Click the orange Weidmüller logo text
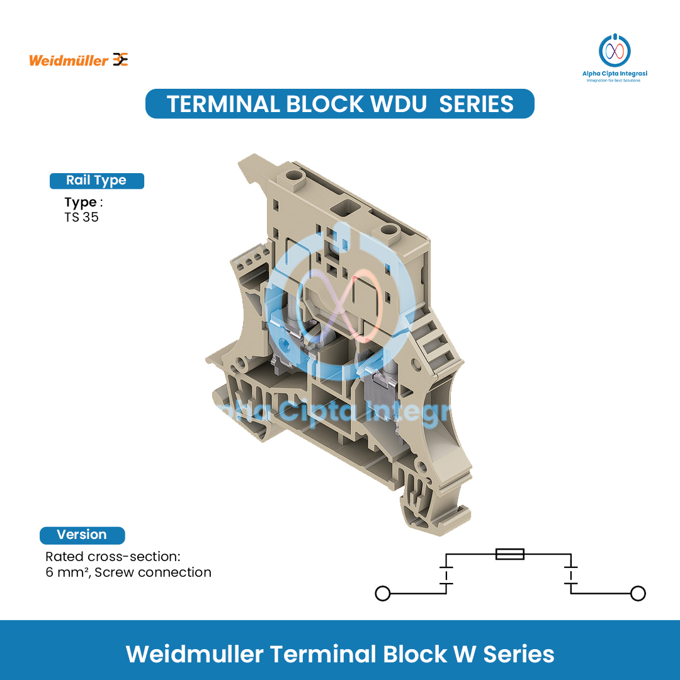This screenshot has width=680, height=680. click(x=69, y=60)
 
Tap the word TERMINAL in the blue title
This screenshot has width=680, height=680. click(x=222, y=104)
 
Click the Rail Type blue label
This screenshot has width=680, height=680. click(x=96, y=181)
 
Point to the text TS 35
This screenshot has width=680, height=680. click(x=81, y=218)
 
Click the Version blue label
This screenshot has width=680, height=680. click(x=82, y=535)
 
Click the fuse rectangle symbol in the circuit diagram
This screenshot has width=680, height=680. click(x=509, y=554)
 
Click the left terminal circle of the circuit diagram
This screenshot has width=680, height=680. click(x=382, y=593)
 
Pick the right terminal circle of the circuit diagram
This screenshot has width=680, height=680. click(x=638, y=593)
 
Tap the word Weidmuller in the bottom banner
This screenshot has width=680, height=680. click(x=195, y=654)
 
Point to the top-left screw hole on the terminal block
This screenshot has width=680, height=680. click(x=294, y=175)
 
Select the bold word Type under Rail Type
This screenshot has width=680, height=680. click(x=80, y=203)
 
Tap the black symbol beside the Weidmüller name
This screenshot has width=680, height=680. click(x=120, y=60)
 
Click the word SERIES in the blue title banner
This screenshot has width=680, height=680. click(x=476, y=104)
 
